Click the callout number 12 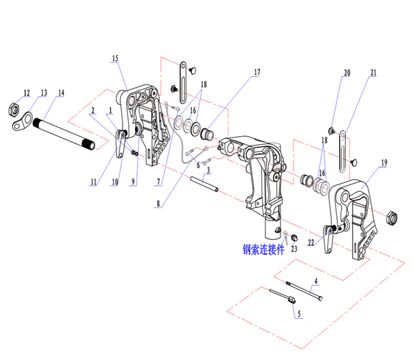pyautogui.click(x=27, y=92)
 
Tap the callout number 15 pyautogui.click(x=115, y=59)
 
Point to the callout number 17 pyautogui.click(x=257, y=71)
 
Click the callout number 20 pyautogui.click(x=347, y=71)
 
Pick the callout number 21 pyautogui.click(x=373, y=71)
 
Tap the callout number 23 pyautogui.click(x=294, y=249)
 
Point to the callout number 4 pyautogui.click(x=315, y=280)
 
